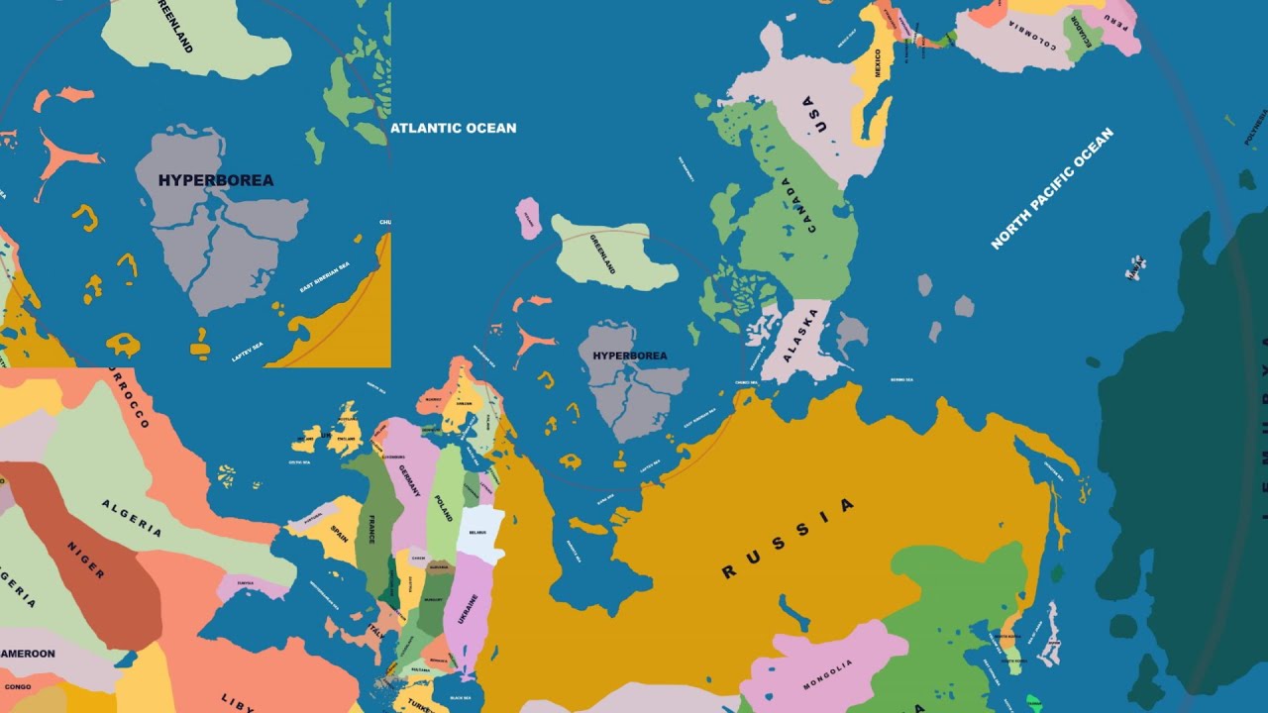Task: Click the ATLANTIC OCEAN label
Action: click(453, 128)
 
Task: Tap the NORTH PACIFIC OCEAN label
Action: click(1052, 188)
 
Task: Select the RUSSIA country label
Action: click(788, 538)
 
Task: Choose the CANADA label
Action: click(798, 205)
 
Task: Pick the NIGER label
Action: click(85, 560)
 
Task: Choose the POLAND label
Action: click(443, 502)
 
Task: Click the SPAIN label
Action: click(340, 532)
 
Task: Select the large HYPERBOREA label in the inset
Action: click(216, 181)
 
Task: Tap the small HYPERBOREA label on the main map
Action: click(629, 356)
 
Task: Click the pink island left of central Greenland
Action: click(529, 217)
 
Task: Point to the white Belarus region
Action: click(479, 533)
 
